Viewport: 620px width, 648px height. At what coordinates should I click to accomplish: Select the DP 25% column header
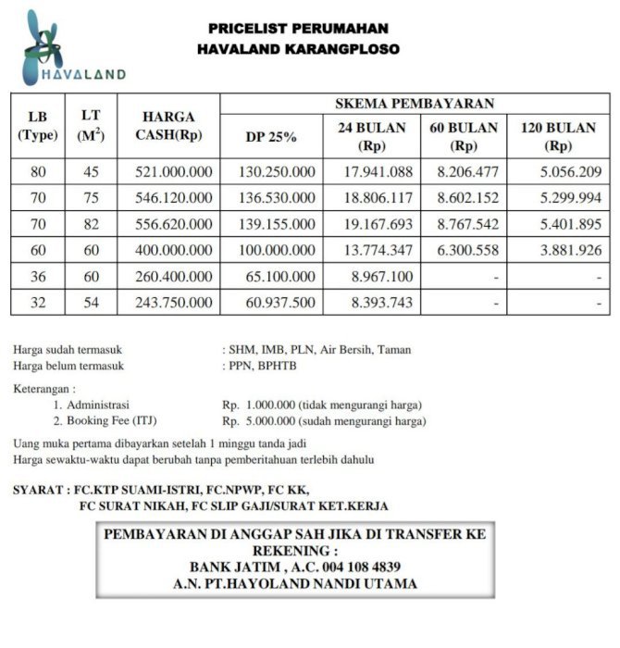tap(270, 137)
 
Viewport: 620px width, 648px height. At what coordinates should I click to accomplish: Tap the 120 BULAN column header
tap(558, 136)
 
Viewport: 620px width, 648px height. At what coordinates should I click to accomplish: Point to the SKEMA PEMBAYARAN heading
tap(415, 103)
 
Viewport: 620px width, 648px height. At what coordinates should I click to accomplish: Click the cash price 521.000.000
tap(174, 172)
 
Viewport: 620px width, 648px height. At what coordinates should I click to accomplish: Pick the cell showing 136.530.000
tap(277, 198)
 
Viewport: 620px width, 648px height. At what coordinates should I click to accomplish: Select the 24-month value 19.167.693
tap(374, 224)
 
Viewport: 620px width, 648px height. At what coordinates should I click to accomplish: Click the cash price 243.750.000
tap(174, 302)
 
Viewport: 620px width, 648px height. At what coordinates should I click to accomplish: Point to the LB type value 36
tap(38, 276)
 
